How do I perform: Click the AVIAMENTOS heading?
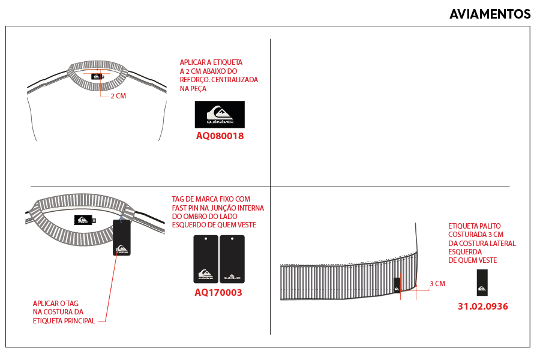tap(490, 14)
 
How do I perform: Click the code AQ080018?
tap(220, 136)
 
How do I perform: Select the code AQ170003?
tap(218, 292)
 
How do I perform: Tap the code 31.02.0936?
tap(483, 306)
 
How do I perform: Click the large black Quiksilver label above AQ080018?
tap(220, 115)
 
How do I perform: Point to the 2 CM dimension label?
tap(118, 96)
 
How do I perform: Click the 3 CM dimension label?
tap(437, 284)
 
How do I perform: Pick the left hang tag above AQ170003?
tap(206, 259)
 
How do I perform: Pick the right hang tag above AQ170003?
tap(232, 259)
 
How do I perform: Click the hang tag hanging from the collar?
tap(122, 238)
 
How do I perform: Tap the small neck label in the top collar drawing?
tap(97, 76)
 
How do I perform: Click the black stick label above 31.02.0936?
tap(482, 283)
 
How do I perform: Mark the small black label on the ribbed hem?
tap(397, 285)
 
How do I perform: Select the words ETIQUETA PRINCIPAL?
tap(64, 321)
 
